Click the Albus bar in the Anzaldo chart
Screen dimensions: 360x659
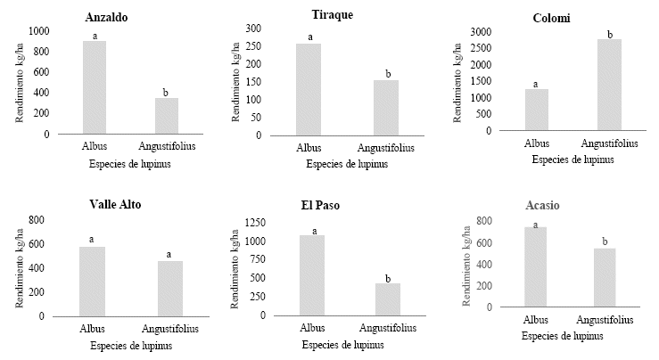(95, 87)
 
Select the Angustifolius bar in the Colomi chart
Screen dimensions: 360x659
(609, 85)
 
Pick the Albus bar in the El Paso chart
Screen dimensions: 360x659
(313, 275)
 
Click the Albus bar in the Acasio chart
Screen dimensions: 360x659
(535, 266)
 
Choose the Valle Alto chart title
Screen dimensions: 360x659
(116, 204)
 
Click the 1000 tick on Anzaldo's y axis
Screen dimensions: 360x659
(40, 30)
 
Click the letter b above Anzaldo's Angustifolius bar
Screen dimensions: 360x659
(167, 92)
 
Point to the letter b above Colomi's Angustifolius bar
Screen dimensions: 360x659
(610, 34)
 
